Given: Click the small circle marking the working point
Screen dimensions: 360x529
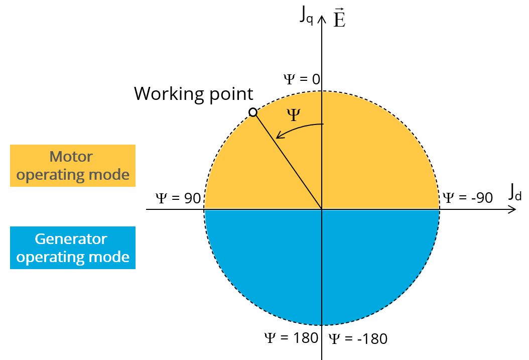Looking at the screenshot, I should click(x=253, y=112).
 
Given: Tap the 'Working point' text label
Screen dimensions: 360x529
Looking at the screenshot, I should click(x=193, y=94).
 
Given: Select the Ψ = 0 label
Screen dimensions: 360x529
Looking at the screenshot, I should click(x=302, y=79).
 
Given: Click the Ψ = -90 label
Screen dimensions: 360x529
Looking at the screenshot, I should click(x=467, y=197).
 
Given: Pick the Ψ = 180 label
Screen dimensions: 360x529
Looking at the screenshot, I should click(x=291, y=337).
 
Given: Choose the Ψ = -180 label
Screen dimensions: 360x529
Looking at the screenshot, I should click(x=358, y=339).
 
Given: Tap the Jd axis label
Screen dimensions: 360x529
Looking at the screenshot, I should click(x=514, y=193).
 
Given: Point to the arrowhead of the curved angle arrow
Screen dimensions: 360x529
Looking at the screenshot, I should click(x=278, y=136).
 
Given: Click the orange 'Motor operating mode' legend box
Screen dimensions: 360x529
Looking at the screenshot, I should click(x=73, y=166).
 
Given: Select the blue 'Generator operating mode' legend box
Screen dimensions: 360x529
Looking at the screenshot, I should click(x=73, y=248).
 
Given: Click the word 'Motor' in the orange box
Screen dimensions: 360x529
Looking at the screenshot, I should click(x=71, y=157).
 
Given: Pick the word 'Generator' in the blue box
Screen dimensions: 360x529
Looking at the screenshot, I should click(x=71, y=238).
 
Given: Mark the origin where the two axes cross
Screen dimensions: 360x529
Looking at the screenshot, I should click(x=322, y=209).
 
